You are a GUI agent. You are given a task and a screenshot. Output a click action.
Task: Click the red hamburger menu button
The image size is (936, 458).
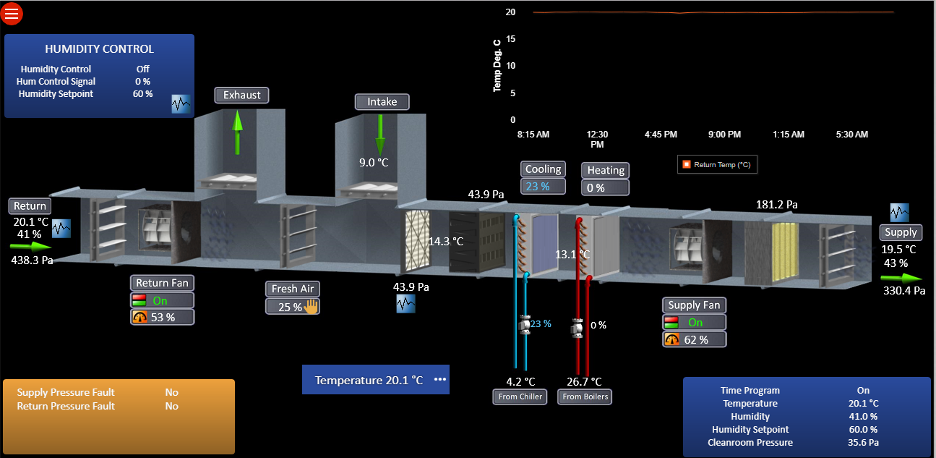(x=12, y=13)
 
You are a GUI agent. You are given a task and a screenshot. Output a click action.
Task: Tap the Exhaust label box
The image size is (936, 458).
(x=241, y=95)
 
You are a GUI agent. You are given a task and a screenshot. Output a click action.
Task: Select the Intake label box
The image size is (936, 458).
(x=382, y=102)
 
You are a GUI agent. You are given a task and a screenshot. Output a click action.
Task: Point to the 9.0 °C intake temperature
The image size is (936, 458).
(x=374, y=162)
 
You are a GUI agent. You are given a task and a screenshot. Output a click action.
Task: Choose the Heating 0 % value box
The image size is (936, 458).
(x=605, y=187)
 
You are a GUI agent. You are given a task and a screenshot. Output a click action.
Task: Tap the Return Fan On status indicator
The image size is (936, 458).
(x=162, y=300)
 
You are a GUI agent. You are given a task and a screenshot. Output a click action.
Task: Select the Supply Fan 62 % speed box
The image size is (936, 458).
(x=695, y=339)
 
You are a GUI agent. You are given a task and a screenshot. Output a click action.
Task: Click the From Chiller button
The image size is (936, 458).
(x=520, y=396)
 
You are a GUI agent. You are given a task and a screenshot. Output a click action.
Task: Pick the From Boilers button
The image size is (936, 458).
(x=585, y=396)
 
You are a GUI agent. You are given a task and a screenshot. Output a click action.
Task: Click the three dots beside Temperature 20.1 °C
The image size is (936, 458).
(x=440, y=379)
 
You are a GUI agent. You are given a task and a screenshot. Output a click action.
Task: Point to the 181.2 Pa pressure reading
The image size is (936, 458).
(x=777, y=205)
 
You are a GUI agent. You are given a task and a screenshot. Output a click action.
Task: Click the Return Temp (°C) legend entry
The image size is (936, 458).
(x=717, y=165)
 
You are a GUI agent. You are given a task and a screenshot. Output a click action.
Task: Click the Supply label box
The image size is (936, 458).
(x=901, y=232)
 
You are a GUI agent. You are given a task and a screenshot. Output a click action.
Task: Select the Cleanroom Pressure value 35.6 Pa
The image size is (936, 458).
(x=863, y=442)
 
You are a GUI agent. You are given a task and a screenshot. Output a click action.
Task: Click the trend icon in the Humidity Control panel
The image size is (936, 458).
(x=181, y=103)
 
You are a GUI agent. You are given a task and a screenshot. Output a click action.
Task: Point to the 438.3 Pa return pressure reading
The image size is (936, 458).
(x=33, y=260)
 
